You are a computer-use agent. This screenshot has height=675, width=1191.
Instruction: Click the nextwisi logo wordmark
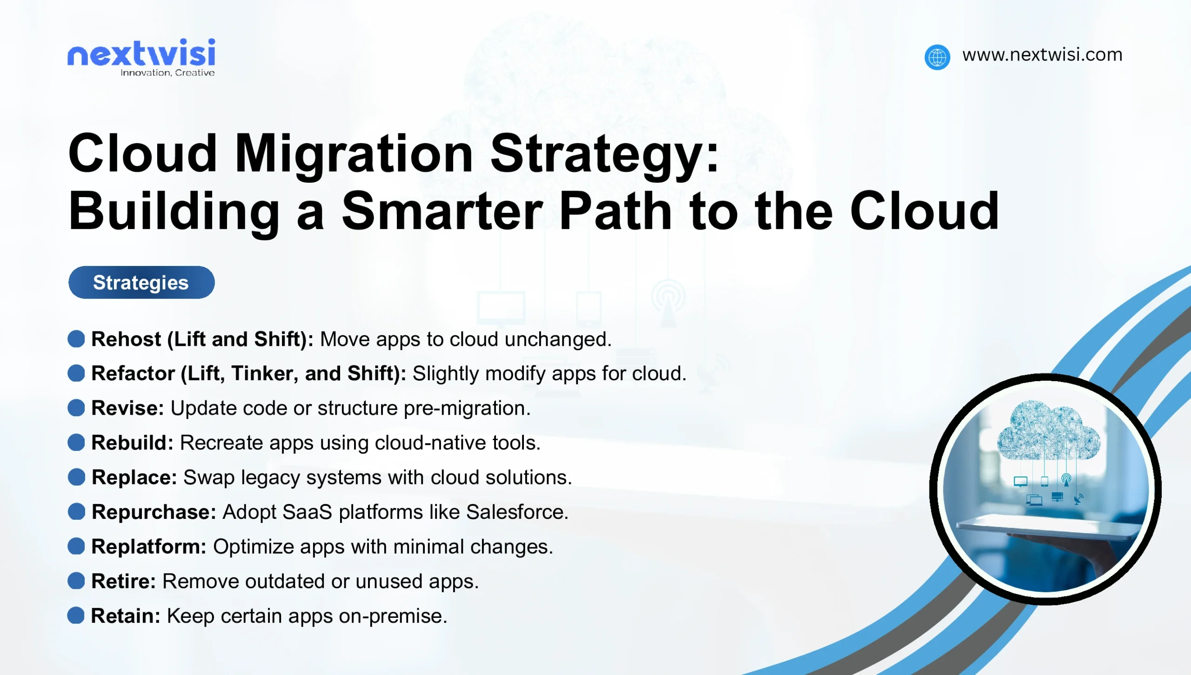141,53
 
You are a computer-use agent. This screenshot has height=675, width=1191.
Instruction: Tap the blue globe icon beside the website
937,57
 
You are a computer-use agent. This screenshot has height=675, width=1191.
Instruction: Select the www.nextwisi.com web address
1042,55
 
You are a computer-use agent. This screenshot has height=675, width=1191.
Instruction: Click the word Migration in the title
354,153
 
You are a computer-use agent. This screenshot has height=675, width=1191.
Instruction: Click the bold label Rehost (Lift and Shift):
202,339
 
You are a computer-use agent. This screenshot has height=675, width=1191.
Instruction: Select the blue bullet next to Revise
76,408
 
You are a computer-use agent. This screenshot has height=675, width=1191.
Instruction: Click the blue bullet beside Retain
76,615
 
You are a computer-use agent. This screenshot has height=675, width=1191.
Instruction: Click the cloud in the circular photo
1048,430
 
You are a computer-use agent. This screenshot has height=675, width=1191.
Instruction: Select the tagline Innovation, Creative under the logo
167,73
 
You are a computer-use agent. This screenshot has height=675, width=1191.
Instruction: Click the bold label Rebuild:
132,443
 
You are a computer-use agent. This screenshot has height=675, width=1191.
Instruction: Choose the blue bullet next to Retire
76,581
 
